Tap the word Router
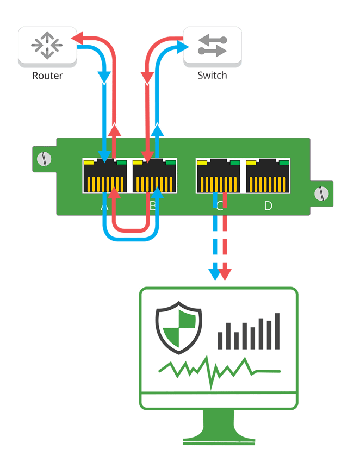click(x=47, y=76)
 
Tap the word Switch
click(x=212, y=76)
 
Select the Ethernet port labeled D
click(x=268, y=176)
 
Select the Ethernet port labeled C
click(x=219, y=176)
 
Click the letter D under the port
click(x=268, y=206)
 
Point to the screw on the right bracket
click(x=321, y=193)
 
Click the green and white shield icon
click(x=179, y=329)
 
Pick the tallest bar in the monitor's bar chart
click(x=277, y=330)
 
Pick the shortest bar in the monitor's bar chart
click(x=221, y=340)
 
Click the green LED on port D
click(x=284, y=163)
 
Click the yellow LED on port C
click(x=202, y=163)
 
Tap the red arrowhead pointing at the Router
click(x=76, y=38)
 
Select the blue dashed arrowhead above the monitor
click(x=214, y=274)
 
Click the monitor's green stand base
click(x=219, y=439)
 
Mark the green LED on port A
click(x=121, y=163)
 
